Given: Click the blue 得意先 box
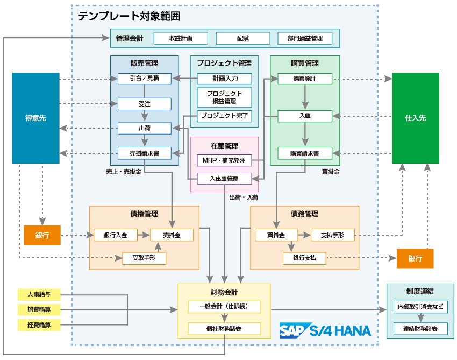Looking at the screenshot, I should pos(35,117).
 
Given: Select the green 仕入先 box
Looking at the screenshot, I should pos(415,117).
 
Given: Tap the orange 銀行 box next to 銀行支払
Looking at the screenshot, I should pos(415,258).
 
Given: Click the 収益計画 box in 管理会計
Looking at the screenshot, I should pos(181,38).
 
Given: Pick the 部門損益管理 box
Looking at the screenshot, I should pos(305,38).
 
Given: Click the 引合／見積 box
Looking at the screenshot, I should pos(144,79).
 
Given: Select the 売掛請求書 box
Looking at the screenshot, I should pos(144,153).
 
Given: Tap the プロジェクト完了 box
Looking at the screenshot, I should pos(224,115).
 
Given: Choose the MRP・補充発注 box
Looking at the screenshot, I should pos(224,160).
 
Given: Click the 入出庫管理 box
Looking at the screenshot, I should pos(224,179).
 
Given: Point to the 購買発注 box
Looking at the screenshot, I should pos(304,79).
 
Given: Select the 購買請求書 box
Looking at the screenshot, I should pos(304,153).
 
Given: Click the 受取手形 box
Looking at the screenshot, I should pos(144,258).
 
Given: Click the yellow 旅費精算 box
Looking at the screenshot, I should pos(38,310).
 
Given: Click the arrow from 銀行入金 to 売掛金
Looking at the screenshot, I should pos(144,235).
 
